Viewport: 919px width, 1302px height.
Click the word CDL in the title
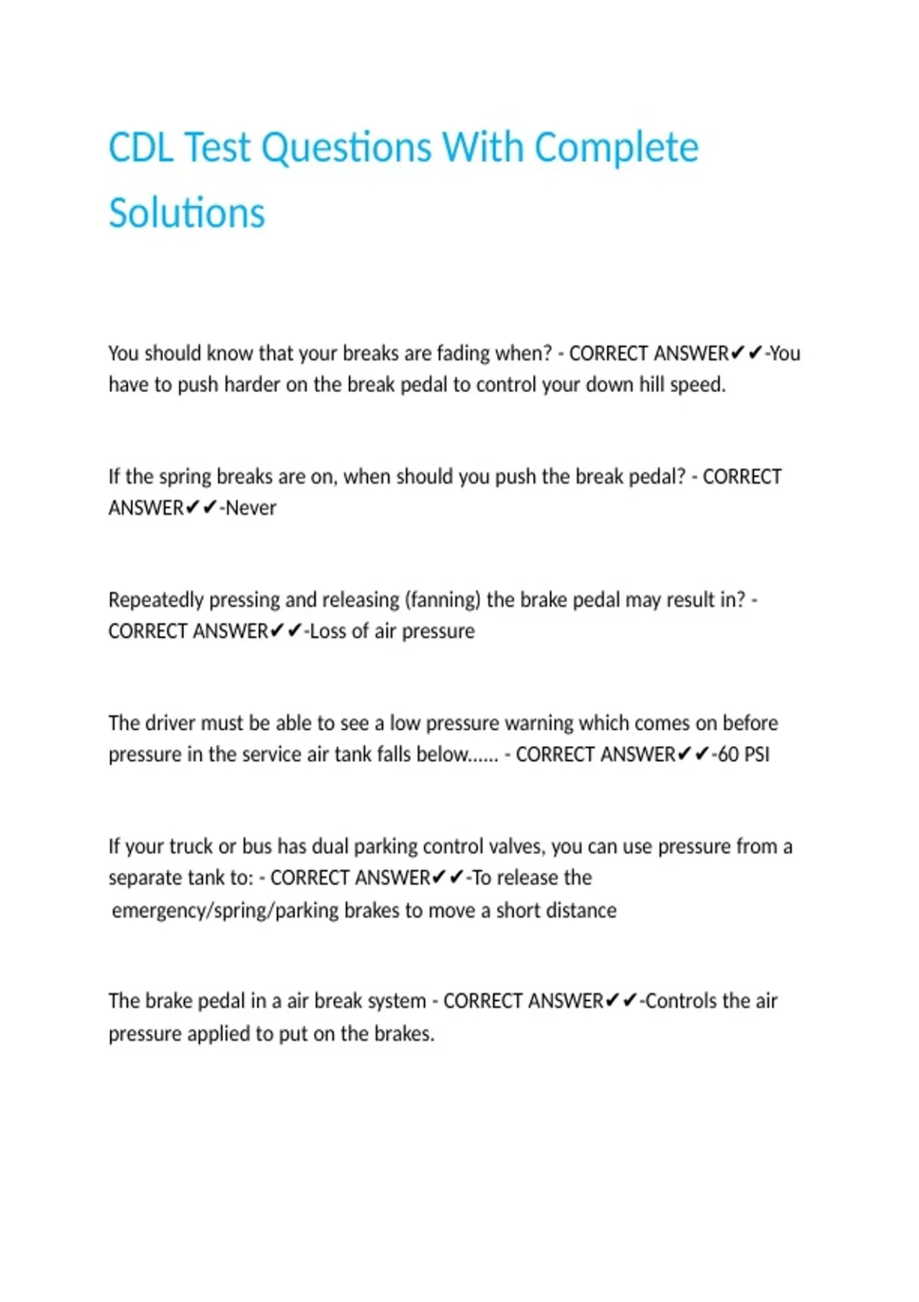(x=142, y=147)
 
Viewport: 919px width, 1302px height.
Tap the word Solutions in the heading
(x=187, y=213)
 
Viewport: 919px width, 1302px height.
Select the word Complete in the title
(x=616, y=147)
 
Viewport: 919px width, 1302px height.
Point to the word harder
(x=252, y=384)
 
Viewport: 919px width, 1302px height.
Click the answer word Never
(x=250, y=508)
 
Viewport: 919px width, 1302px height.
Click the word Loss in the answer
(x=328, y=631)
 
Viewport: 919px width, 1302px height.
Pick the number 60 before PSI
(x=728, y=754)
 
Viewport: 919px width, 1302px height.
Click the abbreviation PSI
(x=757, y=754)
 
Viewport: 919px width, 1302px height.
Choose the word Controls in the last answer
(x=681, y=1001)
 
